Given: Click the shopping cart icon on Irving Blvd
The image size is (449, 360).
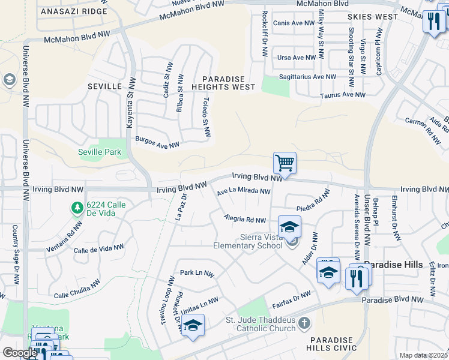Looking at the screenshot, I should (x=285, y=163).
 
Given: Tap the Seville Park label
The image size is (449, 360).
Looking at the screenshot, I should (x=100, y=152).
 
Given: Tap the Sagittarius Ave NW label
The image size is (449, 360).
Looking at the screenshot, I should (x=308, y=77).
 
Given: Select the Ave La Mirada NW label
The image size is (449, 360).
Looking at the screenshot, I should (x=244, y=191).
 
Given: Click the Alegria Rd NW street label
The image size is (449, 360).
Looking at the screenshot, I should (x=245, y=220).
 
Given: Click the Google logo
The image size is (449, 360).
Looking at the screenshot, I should (x=20, y=353).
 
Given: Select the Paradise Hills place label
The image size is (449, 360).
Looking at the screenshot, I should (x=394, y=265).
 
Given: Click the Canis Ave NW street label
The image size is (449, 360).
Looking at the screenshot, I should (x=294, y=23).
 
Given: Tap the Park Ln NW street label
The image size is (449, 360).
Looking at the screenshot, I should (x=197, y=272).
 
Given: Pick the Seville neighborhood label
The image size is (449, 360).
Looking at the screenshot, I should (x=105, y=86).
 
